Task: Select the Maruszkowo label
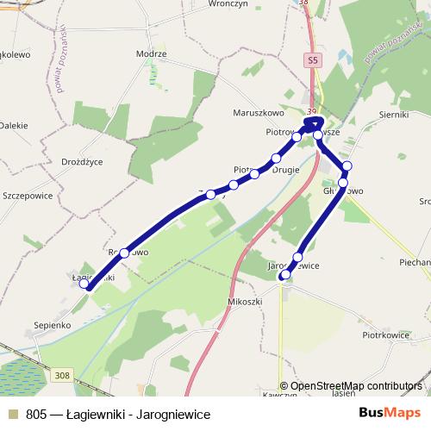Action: [x=259, y=112]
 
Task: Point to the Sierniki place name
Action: [x=397, y=113]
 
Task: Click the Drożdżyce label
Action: [x=83, y=161]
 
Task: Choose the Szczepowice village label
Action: [x=28, y=196]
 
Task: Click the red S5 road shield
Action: [x=312, y=60]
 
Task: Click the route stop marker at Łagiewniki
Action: [x=84, y=285]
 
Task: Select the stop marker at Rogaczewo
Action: [x=125, y=253]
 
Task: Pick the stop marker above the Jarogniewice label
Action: [x=298, y=257]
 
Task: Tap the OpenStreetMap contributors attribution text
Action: [x=355, y=387]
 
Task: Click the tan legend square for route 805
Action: [x=12, y=414]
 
